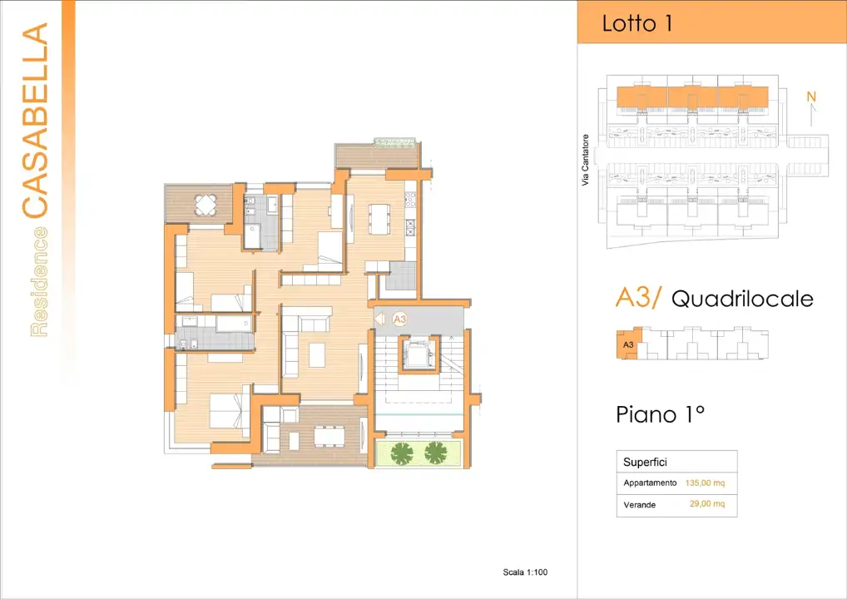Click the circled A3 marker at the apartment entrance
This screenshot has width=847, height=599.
point(399,318)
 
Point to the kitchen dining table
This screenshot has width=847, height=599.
point(379,219)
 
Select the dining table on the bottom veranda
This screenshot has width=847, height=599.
point(329,436)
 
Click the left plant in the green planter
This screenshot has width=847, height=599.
point(402,453)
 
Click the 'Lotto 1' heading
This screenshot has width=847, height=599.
point(636,23)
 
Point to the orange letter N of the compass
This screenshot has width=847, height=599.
point(811,97)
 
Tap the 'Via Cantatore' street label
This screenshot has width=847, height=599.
point(586,160)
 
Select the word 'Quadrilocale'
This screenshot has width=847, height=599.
point(741,299)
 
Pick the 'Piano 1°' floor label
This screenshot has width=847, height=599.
point(660,413)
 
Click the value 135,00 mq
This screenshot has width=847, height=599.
point(706,483)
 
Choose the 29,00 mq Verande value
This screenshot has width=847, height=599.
point(706,504)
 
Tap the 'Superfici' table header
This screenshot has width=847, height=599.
point(645,462)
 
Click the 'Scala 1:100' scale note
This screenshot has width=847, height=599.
point(525,572)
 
